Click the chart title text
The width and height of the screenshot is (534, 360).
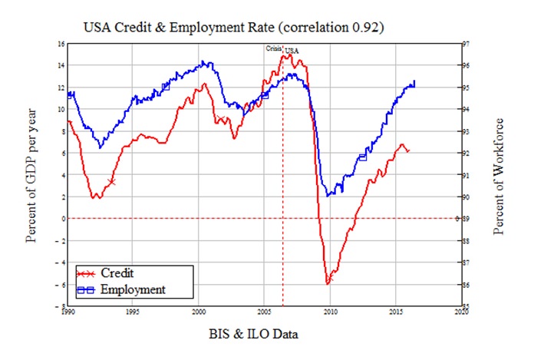click(x=233, y=27)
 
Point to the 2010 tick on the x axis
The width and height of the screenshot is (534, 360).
click(x=331, y=313)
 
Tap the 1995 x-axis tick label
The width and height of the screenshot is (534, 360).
click(x=133, y=313)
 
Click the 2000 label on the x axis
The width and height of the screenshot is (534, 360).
click(x=199, y=313)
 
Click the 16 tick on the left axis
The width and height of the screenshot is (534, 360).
click(x=60, y=43)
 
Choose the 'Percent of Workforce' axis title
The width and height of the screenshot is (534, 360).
click(x=499, y=176)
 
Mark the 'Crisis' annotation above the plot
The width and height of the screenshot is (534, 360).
click(x=274, y=48)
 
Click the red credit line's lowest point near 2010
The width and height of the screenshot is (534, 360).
click(x=328, y=283)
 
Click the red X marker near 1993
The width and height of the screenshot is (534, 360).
click(x=112, y=182)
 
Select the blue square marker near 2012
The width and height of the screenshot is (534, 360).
click(x=362, y=157)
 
